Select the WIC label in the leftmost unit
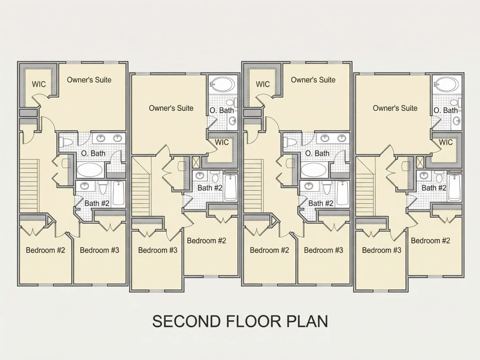pos(39,84)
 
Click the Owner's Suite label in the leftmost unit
pos(89,80)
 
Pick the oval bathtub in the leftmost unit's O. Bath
pos(90,170)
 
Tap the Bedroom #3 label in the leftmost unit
pos(99,250)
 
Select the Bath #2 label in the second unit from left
pos(210,188)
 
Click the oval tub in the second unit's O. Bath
pos(223,84)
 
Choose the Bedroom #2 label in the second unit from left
pos(206,240)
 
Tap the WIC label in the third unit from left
pos(263,84)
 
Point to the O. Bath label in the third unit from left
pos(317,153)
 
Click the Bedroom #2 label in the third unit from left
pos(269,250)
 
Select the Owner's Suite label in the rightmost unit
pos(395,108)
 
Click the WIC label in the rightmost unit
pos(446,142)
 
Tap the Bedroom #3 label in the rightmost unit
pos(381,250)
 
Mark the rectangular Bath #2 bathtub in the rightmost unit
pos(455,187)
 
